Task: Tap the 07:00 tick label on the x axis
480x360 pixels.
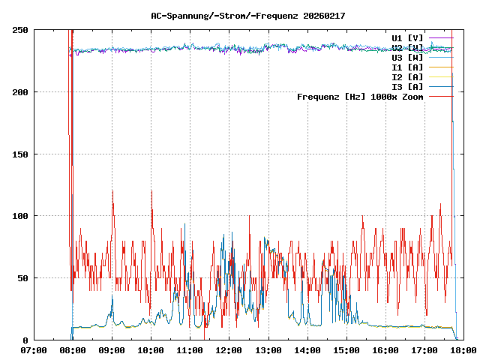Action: (x=34, y=349)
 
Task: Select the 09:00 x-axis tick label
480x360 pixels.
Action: (x=112, y=349)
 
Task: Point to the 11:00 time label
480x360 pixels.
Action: (x=190, y=349)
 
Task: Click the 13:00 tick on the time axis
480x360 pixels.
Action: (x=268, y=349)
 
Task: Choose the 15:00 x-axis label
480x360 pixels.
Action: (x=346, y=349)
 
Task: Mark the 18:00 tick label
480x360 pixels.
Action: (x=463, y=349)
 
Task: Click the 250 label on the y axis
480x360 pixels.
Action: (x=21, y=30)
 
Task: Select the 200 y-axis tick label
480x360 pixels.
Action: (x=21, y=92)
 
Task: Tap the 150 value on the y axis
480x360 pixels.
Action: (x=21, y=154)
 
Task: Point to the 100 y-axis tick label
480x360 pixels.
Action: (x=21, y=216)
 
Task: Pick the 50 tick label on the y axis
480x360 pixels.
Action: (x=23, y=278)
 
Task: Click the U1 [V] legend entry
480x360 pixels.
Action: (x=407, y=37)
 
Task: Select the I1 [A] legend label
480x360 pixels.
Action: (x=407, y=67)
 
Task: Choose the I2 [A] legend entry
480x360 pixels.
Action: (x=407, y=76)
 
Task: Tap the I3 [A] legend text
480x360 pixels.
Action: (x=407, y=86)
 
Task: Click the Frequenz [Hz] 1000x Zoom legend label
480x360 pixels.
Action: (x=360, y=96)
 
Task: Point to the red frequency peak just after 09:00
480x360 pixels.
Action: (x=112, y=191)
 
